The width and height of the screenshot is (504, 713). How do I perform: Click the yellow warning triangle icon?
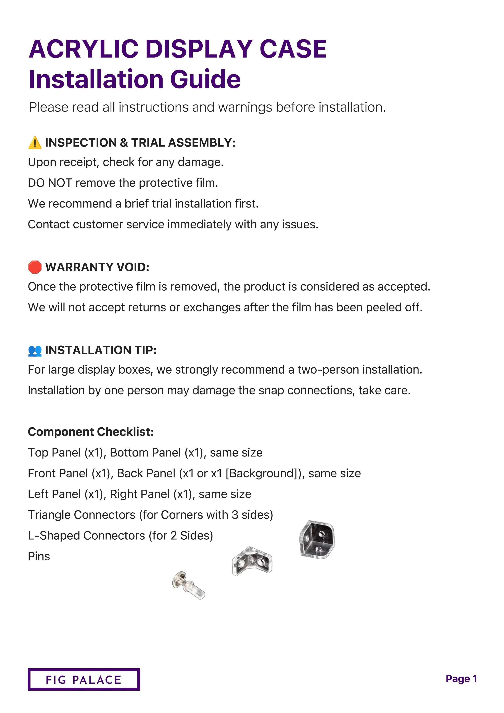[x=35, y=143]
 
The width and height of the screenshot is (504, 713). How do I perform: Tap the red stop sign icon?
[x=35, y=267]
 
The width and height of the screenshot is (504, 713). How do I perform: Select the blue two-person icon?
[x=35, y=350]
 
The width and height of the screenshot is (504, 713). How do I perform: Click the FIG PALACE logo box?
[x=84, y=679]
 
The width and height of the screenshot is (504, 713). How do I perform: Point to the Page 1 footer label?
[x=461, y=679]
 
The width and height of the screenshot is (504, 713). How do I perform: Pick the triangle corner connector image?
[x=317, y=540]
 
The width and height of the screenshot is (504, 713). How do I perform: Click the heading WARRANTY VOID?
[x=97, y=267]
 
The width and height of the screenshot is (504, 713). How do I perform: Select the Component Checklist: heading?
[x=91, y=432]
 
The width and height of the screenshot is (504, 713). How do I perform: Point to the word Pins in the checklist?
[x=39, y=556]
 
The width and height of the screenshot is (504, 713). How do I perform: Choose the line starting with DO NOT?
[x=123, y=183]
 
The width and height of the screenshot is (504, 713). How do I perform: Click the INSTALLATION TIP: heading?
[x=101, y=350]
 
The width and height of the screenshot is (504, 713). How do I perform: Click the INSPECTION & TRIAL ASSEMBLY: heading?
[x=140, y=143]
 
